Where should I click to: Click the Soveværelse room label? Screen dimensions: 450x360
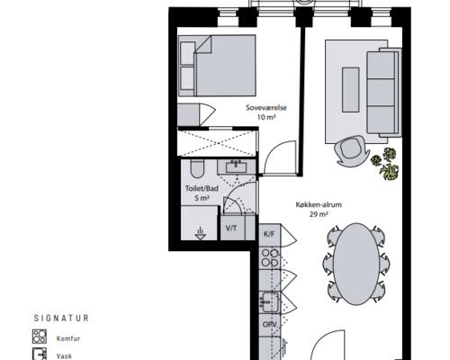tap(266, 107)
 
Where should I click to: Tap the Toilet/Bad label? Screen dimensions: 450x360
tap(202, 188)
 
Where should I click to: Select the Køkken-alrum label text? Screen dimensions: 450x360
tap(319, 205)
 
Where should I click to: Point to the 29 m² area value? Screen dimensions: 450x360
tap(319, 214)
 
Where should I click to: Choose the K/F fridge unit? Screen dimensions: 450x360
tap(270, 235)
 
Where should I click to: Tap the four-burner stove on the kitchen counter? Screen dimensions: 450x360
tap(270, 257)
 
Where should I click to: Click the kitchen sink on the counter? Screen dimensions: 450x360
tap(270, 302)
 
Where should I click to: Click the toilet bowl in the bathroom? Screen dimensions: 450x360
tap(197, 169)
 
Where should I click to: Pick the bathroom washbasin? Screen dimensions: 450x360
tap(237, 166)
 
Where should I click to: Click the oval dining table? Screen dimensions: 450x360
tap(356, 264)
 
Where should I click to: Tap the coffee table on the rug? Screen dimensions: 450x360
tap(351, 90)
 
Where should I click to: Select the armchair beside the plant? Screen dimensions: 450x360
tap(351, 151)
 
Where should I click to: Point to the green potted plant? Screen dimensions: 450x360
tap(385, 164)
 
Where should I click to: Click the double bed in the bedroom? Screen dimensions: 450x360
tap(217, 66)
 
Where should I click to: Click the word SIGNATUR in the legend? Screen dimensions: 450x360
tap(61, 319)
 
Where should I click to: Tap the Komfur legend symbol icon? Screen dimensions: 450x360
tap(40, 337)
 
